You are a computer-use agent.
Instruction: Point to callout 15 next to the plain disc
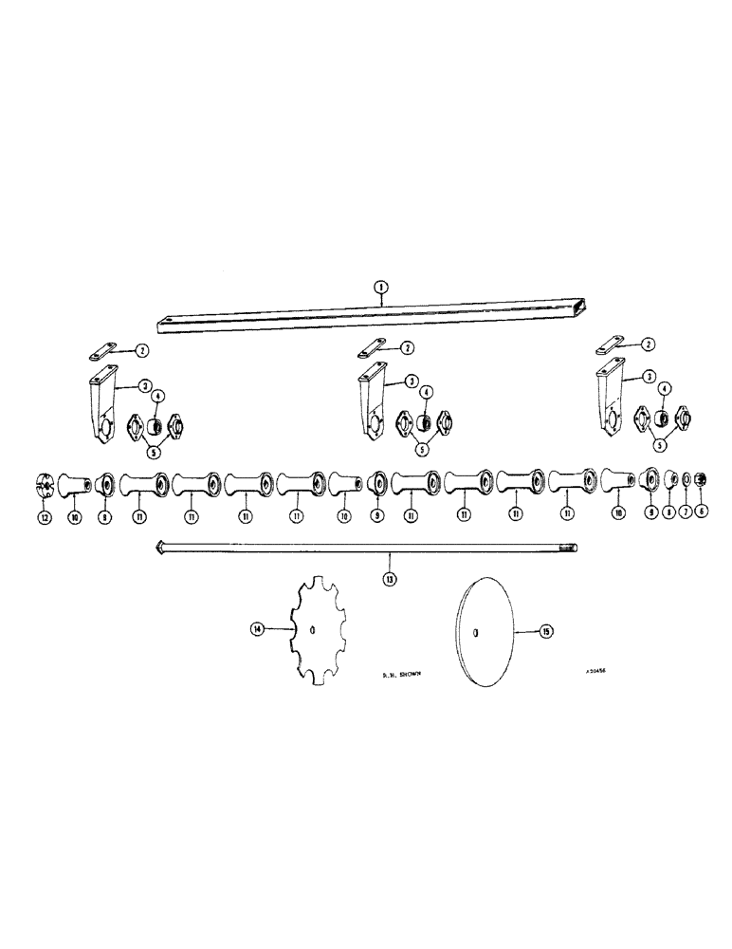[544, 630]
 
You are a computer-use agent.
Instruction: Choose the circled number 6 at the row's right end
[702, 510]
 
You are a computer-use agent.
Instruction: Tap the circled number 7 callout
[686, 510]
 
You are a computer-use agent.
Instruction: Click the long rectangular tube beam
[379, 313]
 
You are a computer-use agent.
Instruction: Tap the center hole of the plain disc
[475, 633]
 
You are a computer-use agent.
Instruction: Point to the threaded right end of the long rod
[571, 549]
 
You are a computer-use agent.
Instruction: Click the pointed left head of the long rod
[158, 549]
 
